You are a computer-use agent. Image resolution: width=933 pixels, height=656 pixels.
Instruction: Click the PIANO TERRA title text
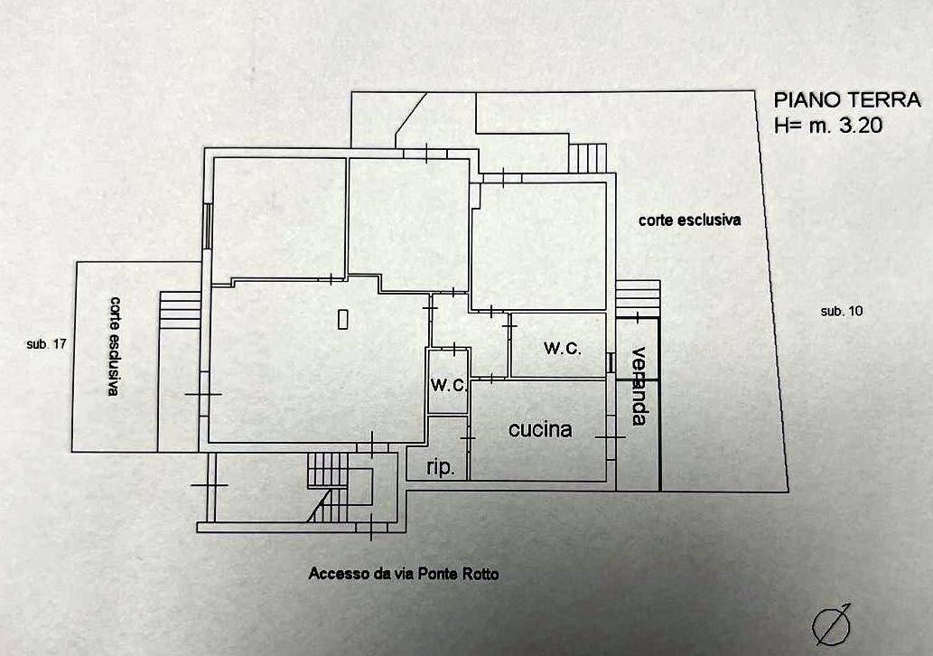pos(847,100)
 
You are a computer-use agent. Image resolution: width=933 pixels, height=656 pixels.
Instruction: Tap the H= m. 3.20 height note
pos(828,125)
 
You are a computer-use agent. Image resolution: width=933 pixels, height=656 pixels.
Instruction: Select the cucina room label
pos(540,429)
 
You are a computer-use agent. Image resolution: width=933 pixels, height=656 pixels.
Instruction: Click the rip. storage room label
pos(441,467)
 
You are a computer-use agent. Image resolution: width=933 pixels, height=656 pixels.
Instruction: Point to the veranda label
pos(639,386)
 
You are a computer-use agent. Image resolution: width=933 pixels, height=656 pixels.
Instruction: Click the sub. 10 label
pos(842,311)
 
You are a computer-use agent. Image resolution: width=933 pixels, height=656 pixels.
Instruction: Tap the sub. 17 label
pos(46,344)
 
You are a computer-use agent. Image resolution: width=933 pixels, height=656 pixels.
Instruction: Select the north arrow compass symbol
pos(831,625)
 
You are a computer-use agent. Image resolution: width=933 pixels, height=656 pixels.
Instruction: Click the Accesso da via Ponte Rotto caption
pos(404,574)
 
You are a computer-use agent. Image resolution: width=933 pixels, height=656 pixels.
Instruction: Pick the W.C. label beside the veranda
pos(563,348)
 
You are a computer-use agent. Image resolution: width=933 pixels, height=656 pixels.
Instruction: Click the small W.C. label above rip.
pos(449,385)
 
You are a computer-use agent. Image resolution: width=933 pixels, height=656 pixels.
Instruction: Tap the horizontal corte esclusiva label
pos(690,220)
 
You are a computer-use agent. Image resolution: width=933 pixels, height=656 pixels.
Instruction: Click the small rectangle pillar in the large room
pos(342,319)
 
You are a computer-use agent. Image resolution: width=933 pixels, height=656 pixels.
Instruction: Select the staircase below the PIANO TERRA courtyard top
pos(588,158)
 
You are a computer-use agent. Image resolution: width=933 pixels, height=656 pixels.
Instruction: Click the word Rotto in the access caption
pos(479,574)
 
